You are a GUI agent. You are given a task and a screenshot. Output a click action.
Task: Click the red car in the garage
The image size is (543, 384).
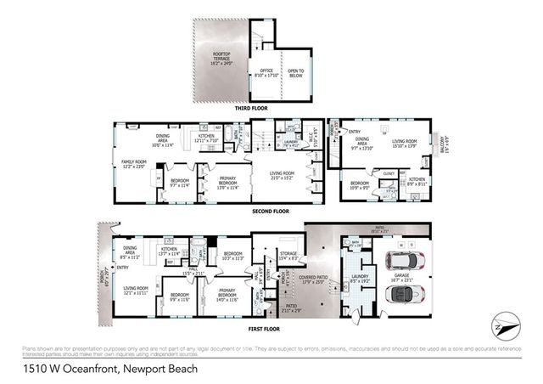[402, 257]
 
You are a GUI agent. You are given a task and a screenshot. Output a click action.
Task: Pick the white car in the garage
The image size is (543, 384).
[402, 296]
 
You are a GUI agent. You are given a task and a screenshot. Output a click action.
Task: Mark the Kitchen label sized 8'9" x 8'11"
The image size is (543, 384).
[416, 181]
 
